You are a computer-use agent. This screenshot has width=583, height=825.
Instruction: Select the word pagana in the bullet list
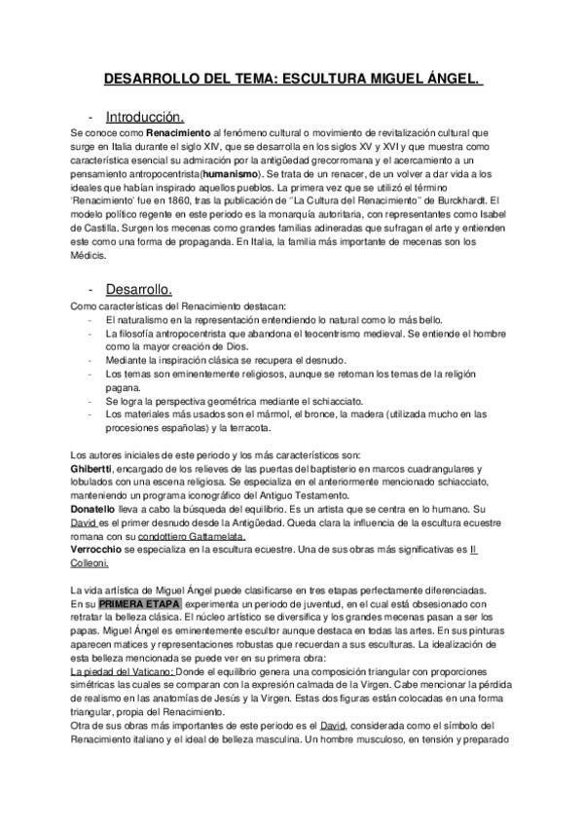coord(124,386)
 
